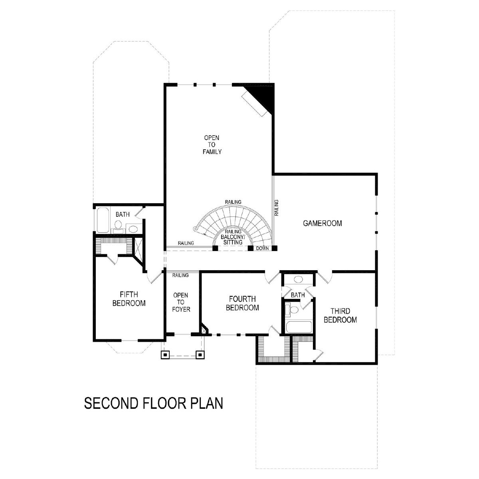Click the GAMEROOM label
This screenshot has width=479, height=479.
click(323, 223)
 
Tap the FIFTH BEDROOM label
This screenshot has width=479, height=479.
click(129, 299)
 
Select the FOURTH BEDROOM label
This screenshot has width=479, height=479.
click(242, 303)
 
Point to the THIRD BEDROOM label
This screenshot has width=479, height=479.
click(340, 315)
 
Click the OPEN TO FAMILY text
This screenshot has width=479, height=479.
click(212, 144)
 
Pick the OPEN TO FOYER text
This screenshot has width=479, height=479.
click(181, 302)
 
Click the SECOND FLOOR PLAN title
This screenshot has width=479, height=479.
click(154, 404)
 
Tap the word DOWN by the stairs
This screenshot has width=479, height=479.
click(263, 248)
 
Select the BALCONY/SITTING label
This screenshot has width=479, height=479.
click(233, 239)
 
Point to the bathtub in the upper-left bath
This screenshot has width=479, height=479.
click(103, 220)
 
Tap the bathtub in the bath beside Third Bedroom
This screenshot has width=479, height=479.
click(299, 327)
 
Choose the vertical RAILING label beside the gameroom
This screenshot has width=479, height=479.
click(276, 208)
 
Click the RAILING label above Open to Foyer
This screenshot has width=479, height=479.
click(180, 275)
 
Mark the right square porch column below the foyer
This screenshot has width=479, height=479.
click(200, 355)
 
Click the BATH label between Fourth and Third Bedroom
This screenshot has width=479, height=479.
click(298, 295)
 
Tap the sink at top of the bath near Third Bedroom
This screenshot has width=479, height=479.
click(298, 279)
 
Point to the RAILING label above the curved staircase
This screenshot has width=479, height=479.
click(233, 202)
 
